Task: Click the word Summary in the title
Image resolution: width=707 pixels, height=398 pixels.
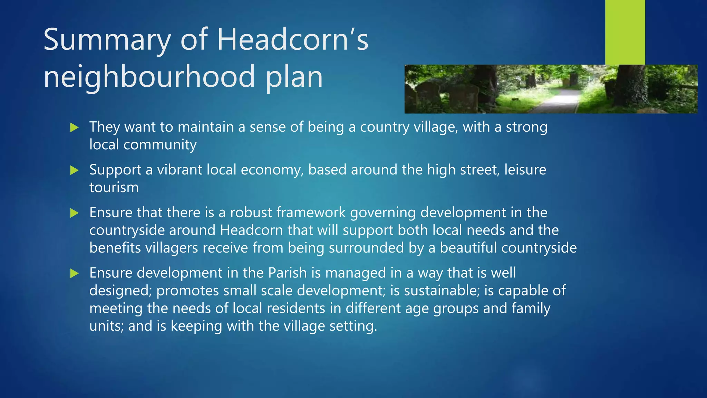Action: click(x=107, y=40)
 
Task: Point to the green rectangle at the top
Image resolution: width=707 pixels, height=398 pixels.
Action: click(x=625, y=32)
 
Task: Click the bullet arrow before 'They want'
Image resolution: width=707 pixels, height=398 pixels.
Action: click(x=74, y=127)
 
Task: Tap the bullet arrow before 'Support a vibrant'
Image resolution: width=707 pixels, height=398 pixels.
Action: click(x=74, y=170)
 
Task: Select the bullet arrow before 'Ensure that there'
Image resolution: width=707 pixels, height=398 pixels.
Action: click(x=74, y=213)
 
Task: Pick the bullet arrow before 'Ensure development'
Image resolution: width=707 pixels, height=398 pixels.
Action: click(x=74, y=274)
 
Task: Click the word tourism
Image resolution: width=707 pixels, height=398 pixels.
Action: click(x=114, y=188)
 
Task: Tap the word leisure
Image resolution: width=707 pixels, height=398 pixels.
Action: click(x=525, y=170)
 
